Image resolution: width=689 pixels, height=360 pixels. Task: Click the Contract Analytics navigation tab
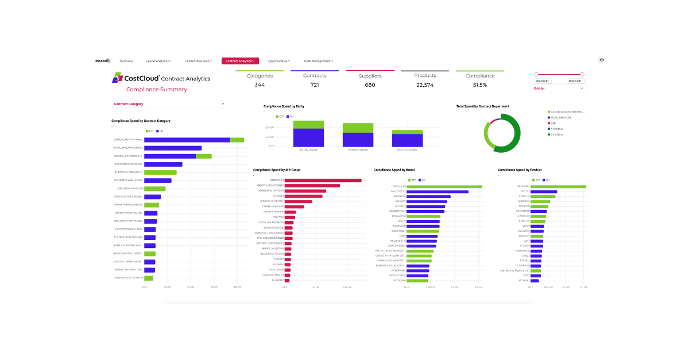(x=240, y=61)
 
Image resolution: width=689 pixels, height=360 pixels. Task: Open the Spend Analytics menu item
(x=158, y=61)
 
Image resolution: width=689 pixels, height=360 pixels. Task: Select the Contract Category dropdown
(x=169, y=104)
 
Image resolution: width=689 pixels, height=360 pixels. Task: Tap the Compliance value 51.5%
(x=480, y=85)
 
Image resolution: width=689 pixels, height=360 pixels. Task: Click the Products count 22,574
(x=425, y=85)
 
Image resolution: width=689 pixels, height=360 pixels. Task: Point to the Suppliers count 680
(x=370, y=85)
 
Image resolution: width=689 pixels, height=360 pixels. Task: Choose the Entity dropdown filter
(x=559, y=88)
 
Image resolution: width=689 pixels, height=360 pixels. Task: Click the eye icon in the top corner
(x=602, y=60)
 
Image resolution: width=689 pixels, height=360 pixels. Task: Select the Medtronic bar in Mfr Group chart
(x=323, y=180)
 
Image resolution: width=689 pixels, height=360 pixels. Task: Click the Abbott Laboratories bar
(x=312, y=185)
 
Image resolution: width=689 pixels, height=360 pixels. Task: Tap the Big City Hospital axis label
(x=308, y=150)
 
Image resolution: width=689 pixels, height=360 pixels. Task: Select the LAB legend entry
(x=554, y=123)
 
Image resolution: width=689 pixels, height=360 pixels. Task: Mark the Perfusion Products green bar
(x=154, y=188)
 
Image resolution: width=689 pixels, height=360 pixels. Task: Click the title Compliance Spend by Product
(x=520, y=170)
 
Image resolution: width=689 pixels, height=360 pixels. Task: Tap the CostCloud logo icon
(x=117, y=78)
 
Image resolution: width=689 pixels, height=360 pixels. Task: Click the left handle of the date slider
(x=536, y=74)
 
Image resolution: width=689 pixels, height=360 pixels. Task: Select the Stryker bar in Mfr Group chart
(x=303, y=196)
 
